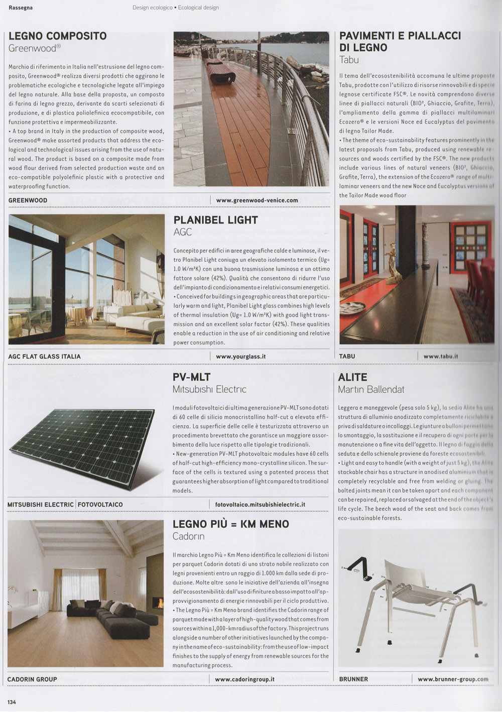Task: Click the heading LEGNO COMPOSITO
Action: pyautogui.click(x=58, y=36)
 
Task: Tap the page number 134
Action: pyautogui.click(x=12, y=701)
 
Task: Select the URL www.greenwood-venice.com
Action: pyautogui.click(x=257, y=200)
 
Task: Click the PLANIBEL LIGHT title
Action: pyautogui.click(x=215, y=220)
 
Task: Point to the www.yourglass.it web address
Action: pyautogui.click(x=240, y=356)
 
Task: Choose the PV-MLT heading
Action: pyautogui.click(x=191, y=377)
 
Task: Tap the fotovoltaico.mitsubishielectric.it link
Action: pyautogui.click(x=260, y=504)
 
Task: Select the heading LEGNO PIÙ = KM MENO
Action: pyautogui.click(x=230, y=524)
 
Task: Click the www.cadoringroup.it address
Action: pyautogui.click(x=244, y=679)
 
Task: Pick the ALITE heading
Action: pyautogui.click(x=353, y=377)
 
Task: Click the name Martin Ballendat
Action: pyautogui.click(x=371, y=389)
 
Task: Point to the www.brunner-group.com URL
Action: pyautogui.click(x=453, y=679)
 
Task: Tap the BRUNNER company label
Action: pyautogui.click(x=353, y=679)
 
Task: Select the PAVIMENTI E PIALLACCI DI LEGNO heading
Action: pyautogui.click(x=400, y=42)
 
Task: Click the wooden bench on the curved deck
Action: pyautogui.click(x=220, y=70)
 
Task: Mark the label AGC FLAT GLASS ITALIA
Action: pyautogui.click(x=44, y=357)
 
